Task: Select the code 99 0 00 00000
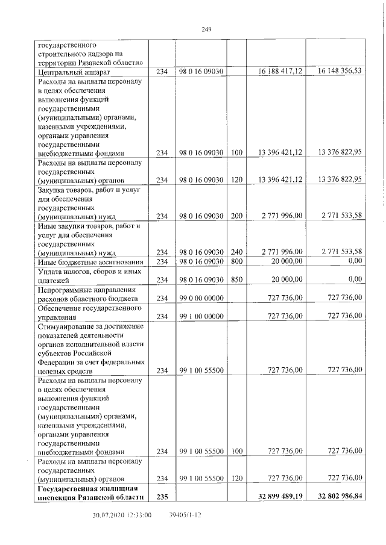[201, 298]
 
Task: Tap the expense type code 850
[236, 279]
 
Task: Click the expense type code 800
[236, 261]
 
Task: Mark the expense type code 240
[236, 252]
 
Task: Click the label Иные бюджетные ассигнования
[90, 262]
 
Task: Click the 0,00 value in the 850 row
[355, 279]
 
